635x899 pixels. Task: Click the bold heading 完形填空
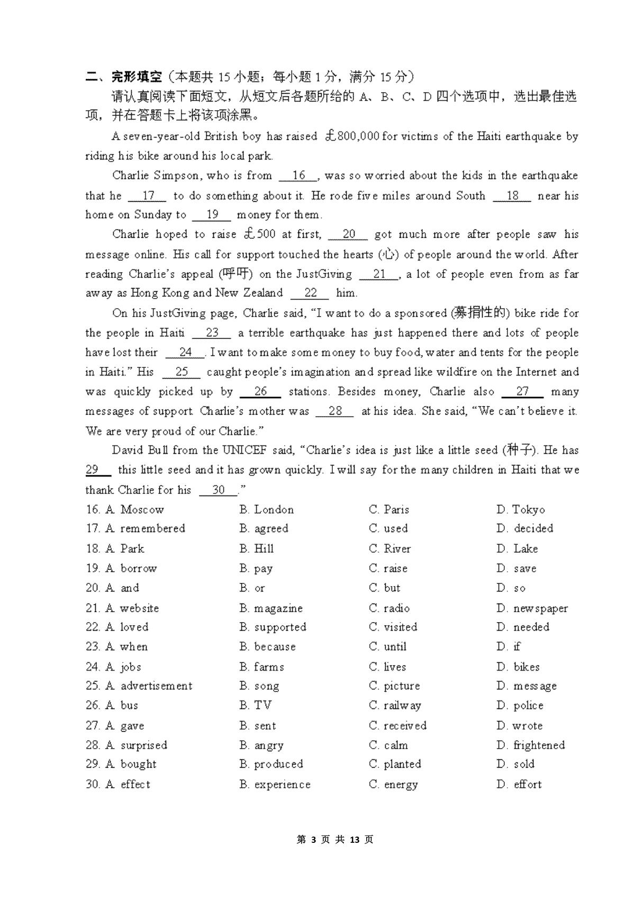[136, 77]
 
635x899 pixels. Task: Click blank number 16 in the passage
[298, 176]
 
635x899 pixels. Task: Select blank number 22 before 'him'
[310, 293]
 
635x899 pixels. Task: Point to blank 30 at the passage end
[219, 490]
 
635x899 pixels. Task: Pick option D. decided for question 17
[525, 528]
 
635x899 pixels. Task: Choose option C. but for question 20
[385, 588]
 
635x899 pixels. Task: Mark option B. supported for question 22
[273, 627]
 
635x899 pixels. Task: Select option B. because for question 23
[268, 647]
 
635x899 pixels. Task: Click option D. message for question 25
[527, 686]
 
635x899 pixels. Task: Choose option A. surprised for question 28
[137, 745]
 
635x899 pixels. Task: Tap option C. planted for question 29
[395, 764]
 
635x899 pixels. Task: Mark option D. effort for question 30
[519, 784]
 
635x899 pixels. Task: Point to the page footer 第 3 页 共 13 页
[335, 840]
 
